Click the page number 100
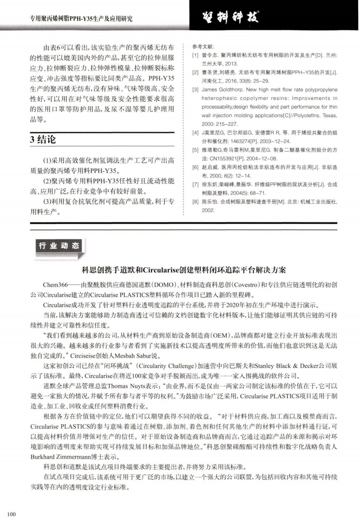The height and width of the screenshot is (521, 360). click(x=12, y=512)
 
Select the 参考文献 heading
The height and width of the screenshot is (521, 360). click(x=203, y=47)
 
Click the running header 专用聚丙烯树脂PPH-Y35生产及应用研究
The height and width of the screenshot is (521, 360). click(x=75, y=19)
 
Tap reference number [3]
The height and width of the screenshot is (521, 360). click(x=195, y=90)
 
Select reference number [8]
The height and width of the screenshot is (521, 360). click(x=195, y=201)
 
